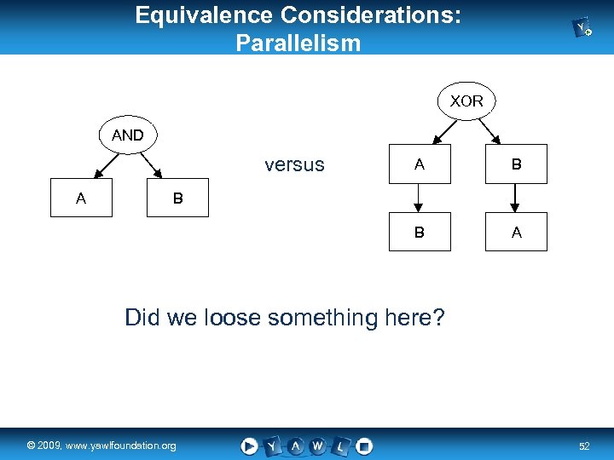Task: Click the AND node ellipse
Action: click(x=127, y=135)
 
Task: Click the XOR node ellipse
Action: click(x=466, y=101)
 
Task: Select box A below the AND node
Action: click(x=81, y=198)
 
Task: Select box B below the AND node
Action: click(x=177, y=198)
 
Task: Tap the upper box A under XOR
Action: click(x=420, y=165)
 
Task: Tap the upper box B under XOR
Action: click(x=516, y=165)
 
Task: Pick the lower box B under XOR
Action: click(x=420, y=232)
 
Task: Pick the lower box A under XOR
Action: click(x=516, y=232)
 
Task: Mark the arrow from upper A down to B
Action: click(x=420, y=198)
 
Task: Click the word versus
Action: click(x=294, y=165)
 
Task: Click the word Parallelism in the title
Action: click(x=298, y=42)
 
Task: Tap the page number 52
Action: click(x=584, y=446)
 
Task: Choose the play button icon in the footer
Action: click(x=249, y=446)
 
